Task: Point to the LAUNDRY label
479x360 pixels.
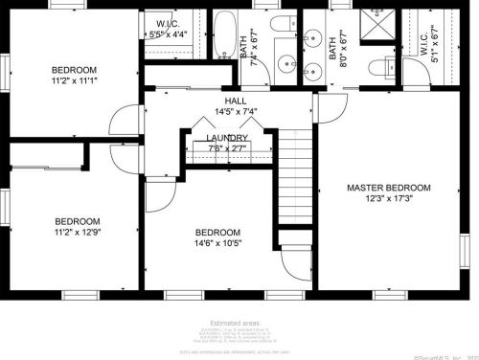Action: click(x=227, y=138)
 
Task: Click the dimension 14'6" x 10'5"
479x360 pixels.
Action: click(x=217, y=243)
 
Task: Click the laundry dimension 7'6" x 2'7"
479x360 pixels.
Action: click(x=227, y=148)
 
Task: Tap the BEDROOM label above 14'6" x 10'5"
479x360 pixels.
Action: click(x=217, y=233)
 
